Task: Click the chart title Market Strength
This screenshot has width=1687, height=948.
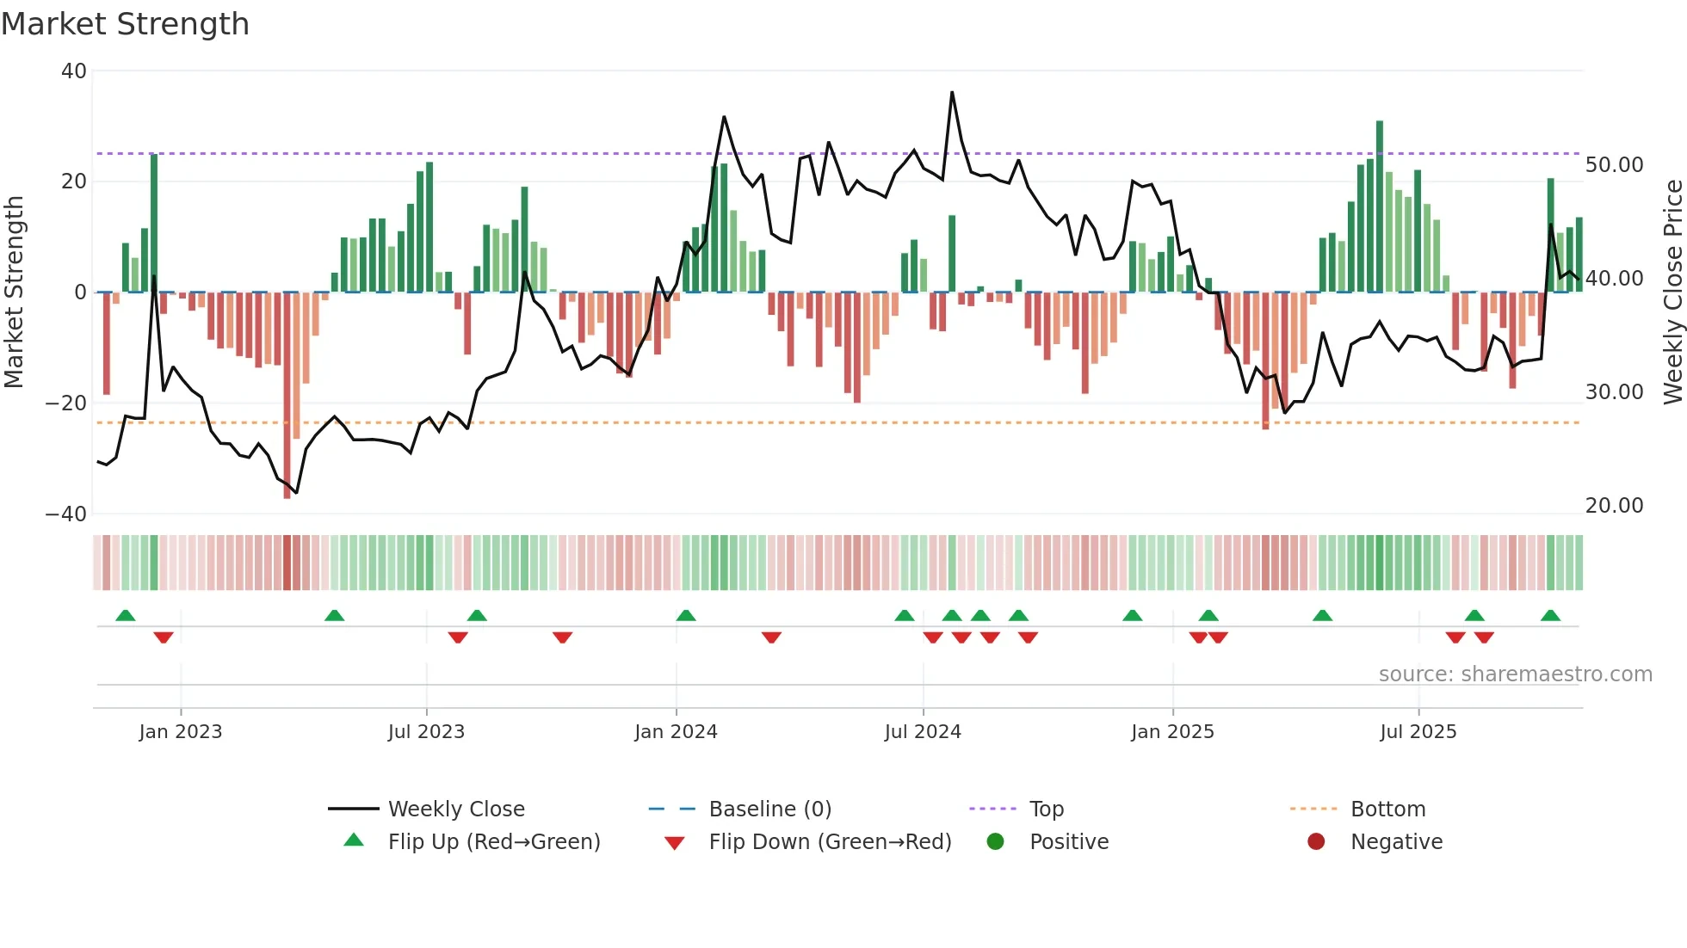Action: coord(125,24)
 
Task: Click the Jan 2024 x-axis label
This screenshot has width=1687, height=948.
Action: coord(676,732)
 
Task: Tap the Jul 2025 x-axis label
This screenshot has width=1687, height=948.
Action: coord(1418,732)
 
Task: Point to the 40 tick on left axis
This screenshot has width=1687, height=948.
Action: coord(74,71)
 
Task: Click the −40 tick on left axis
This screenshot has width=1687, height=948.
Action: coord(66,514)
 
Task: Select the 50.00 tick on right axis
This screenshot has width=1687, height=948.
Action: coord(1614,165)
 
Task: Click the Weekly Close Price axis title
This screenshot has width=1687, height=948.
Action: coord(1672,292)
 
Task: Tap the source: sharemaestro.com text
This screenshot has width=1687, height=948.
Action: coord(1515,674)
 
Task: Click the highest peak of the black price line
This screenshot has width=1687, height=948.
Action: coord(952,92)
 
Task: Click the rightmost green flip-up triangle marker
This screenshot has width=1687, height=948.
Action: coord(1550,616)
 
